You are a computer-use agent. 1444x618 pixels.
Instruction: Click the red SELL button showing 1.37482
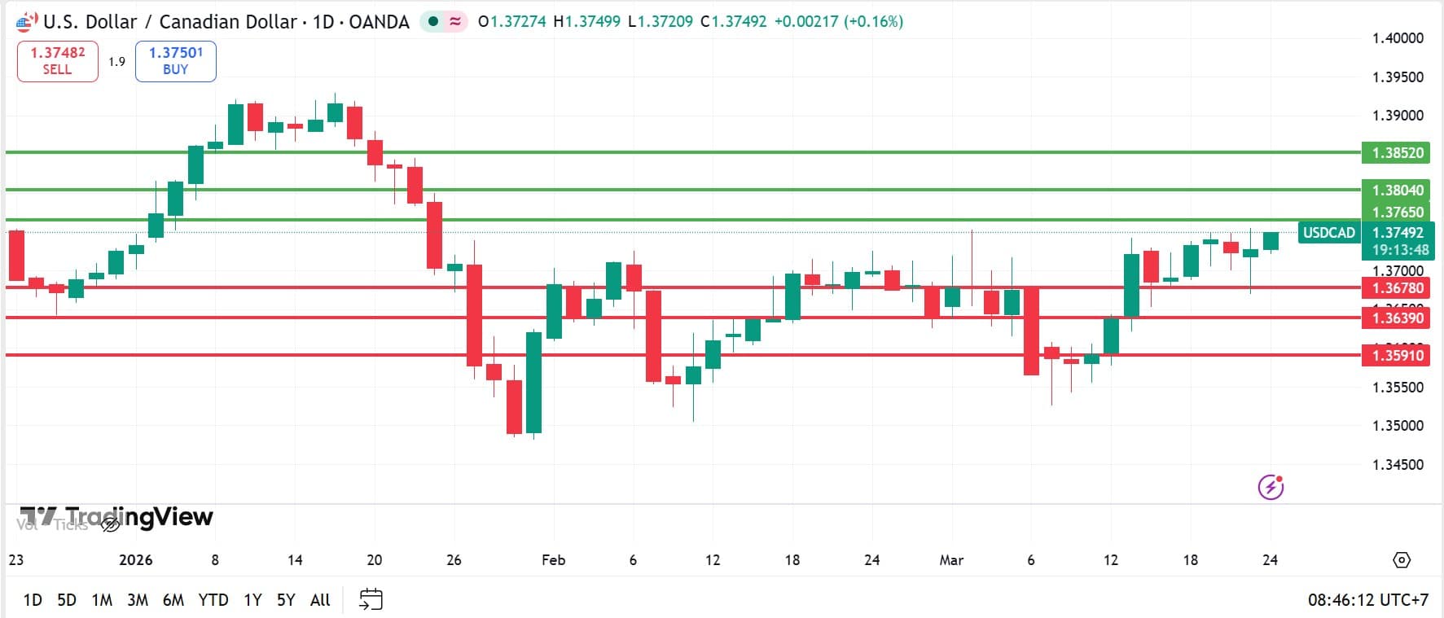point(57,61)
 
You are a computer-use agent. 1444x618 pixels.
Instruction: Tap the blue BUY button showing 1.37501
point(175,61)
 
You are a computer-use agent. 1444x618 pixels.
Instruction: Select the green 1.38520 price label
point(1398,152)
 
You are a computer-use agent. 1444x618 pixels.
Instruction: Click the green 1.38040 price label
point(1398,190)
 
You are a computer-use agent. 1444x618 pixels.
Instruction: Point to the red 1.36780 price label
point(1398,287)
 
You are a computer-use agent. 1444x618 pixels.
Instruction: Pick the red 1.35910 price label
point(1398,355)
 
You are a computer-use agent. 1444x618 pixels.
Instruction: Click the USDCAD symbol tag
point(1328,233)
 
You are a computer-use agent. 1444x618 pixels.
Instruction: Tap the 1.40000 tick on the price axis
point(1398,38)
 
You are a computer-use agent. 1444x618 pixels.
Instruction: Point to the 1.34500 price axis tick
point(1398,465)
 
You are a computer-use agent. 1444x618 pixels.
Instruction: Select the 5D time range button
point(67,600)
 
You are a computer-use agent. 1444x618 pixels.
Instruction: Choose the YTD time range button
point(213,600)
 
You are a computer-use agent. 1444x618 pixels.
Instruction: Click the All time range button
point(320,600)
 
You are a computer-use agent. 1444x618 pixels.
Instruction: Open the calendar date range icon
point(371,600)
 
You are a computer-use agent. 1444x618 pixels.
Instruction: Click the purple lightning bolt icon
point(1271,487)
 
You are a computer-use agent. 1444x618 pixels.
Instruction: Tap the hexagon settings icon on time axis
point(1401,560)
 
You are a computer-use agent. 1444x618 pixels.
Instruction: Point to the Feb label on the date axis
point(553,560)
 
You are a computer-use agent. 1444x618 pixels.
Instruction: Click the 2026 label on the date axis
point(136,560)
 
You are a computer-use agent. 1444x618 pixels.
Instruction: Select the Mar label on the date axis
point(951,560)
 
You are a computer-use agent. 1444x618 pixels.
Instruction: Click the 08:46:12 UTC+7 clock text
point(1367,600)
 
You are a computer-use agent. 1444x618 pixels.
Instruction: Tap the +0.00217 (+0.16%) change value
point(838,22)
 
